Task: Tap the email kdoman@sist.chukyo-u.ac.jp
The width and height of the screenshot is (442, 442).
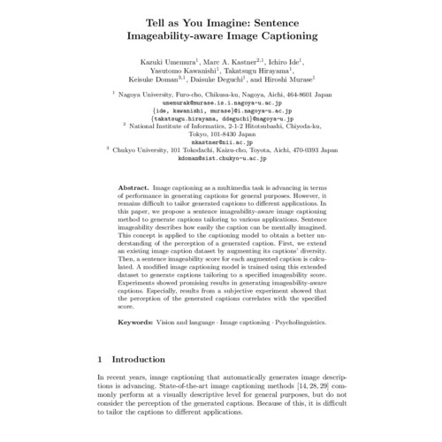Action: pos(221,161)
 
